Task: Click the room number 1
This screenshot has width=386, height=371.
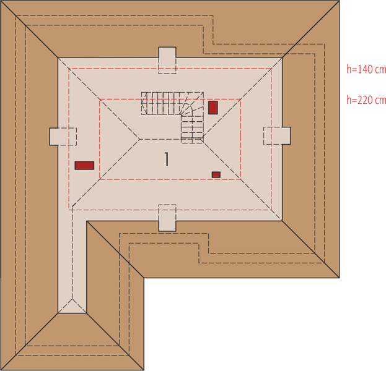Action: (167, 159)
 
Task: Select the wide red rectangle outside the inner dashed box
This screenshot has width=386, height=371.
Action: (84, 165)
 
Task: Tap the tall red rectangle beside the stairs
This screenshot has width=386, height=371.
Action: (213, 107)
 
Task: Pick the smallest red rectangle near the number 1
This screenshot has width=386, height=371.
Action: (216, 175)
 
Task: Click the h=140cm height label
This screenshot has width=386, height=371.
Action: (366, 70)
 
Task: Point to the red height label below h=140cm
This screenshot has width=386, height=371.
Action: (366, 100)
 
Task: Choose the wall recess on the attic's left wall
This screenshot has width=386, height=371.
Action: (62, 136)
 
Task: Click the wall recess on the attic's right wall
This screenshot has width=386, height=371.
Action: (277, 135)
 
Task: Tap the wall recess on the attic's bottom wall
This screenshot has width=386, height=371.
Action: (167, 218)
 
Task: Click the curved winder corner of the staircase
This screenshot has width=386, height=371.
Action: (193, 106)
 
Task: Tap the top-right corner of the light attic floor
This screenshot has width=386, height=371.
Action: (282, 59)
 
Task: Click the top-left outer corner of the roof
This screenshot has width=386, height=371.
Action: (2, 2)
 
